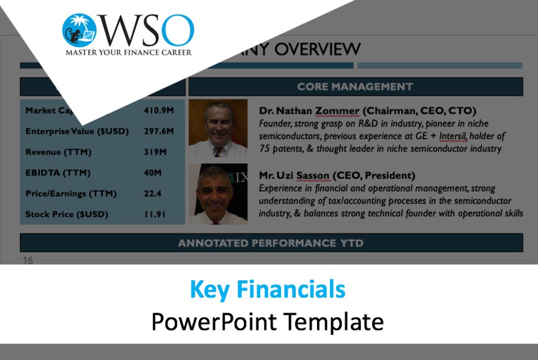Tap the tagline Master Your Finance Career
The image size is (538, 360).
click(x=128, y=52)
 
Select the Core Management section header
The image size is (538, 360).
click(x=355, y=87)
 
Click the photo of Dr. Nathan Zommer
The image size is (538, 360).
click(x=218, y=128)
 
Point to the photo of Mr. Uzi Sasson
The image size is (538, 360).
click(x=218, y=194)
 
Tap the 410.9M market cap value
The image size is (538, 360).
click(x=159, y=110)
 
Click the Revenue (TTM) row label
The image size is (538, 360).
click(x=59, y=152)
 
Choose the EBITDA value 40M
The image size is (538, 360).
click(x=153, y=173)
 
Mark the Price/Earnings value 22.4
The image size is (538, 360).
click(x=153, y=193)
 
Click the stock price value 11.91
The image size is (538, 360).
click(x=155, y=214)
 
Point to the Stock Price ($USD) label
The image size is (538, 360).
click(x=67, y=214)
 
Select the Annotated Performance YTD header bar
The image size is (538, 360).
click(x=271, y=243)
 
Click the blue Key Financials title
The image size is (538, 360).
click(x=267, y=290)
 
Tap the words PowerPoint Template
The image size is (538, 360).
click(x=267, y=322)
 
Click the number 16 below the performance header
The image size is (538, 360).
click(x=27, y=261)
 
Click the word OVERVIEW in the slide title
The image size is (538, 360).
click(x=317, y=49)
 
